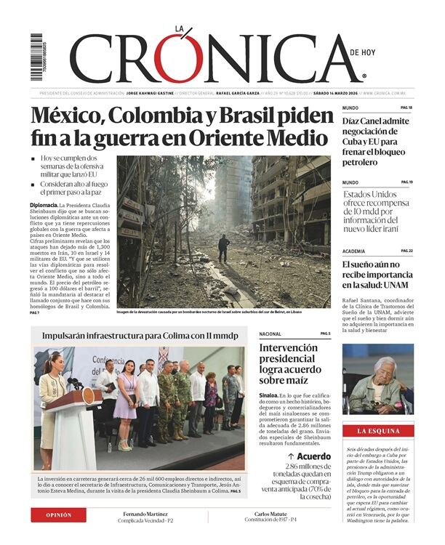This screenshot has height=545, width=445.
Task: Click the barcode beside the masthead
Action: pyautogui.click(x=36, y=57)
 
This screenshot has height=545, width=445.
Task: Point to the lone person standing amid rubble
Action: pyautogui.click(x=224, y=248)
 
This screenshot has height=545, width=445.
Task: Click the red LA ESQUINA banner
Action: pyautogui.click(x=378, y=432)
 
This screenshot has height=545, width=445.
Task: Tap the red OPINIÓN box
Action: pyautogui.click(x=58, y=514)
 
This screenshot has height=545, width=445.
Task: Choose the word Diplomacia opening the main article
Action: pyautogui.click(x=44, y=206)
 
